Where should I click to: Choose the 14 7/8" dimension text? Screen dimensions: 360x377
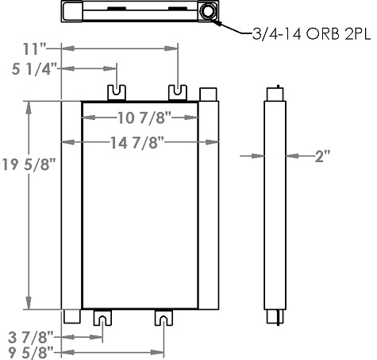pyautogui.click(x=140, y=142)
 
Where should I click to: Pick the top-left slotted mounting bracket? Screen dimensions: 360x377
pyautogui.click(x=117, y=92)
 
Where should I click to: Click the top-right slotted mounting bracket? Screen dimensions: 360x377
pyautogui.click(x=178, y=92)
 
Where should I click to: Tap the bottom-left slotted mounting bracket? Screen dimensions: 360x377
pyautogui.click(x=103, y=318)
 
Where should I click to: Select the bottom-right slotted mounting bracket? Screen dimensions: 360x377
pyautogui.click(x=163, y=318)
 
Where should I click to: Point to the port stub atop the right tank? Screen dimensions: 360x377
pyautogui.click(x=208, y=93)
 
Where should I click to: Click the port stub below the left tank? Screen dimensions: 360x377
pyautogui.click(x=71, y=316)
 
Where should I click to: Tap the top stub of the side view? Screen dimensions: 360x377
pyautogui.click(x=275, y=93)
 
